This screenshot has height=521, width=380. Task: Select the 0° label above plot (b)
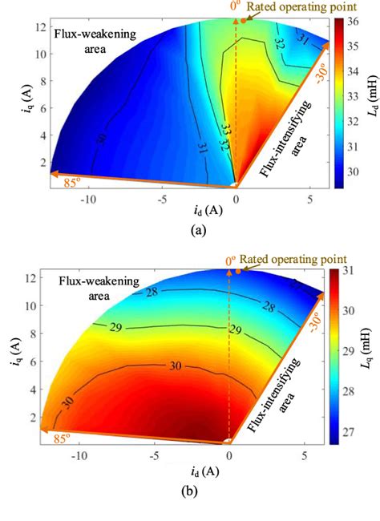pyautogui.click(x=230, y=260)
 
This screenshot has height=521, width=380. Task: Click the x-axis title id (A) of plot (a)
pyautogui.click(x=190, y=210)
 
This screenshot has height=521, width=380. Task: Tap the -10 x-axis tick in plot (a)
pyautogui.click(x=86, y=197)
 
